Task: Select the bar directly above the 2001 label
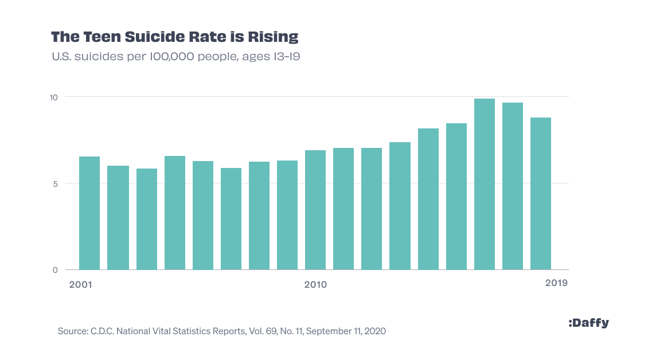pyautogui.click(x=89, y=213)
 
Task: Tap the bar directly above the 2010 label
pyautogui.click(x=315, y=210)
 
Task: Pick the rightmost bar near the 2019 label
pyautogui.click(x=541, y=194)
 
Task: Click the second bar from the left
pyautogui.click(x=118, y=218)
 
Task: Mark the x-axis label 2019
pyautogui.click(x=556, y=283)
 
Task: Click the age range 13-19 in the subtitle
pyautogui.click(x=288, y=57)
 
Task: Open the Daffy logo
pyautogui.click(x=589, y=323)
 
